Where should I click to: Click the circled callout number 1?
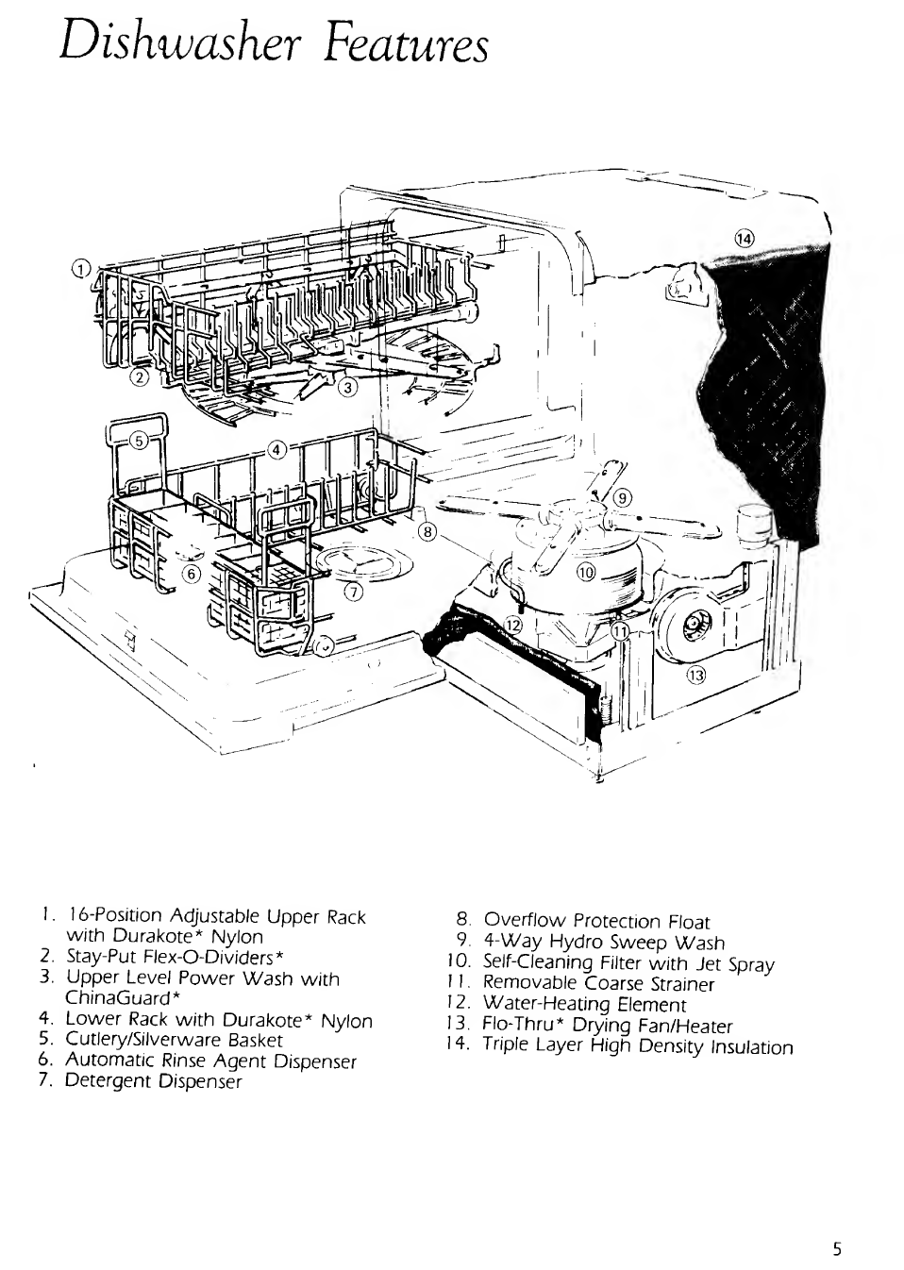81,268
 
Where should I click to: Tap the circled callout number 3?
348,388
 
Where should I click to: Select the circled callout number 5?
140,441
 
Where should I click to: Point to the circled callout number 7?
353,593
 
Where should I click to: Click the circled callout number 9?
623,498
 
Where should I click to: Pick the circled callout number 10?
586,572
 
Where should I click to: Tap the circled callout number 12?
513,626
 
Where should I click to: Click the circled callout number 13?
696,676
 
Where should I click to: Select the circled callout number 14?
745,239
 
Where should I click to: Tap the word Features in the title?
406,44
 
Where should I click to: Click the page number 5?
838,1249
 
